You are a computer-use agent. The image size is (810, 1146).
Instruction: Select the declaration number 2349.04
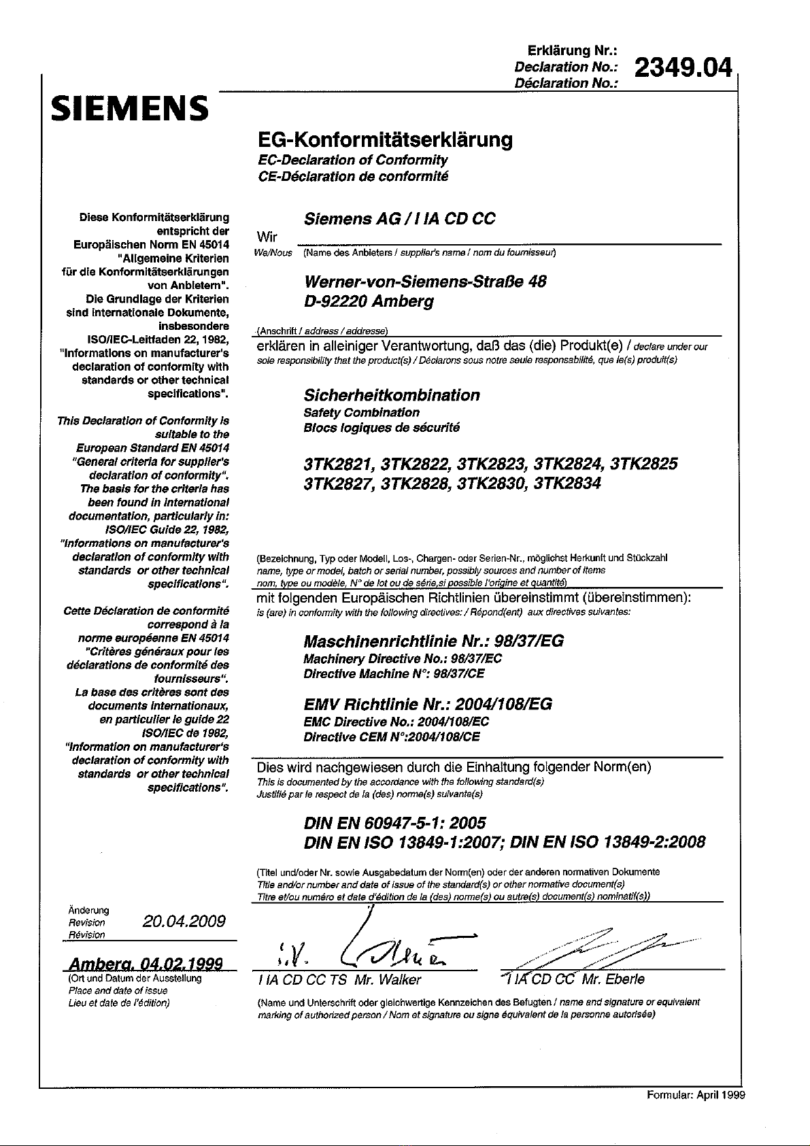tap(683, 69)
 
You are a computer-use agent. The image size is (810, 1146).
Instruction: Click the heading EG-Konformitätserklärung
tap(386, 140)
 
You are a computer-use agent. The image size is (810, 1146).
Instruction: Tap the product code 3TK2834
tap(567, 484)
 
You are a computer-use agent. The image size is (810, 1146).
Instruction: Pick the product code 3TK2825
tap(644, 465)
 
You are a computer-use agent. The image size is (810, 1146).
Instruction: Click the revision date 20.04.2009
tap(184, 922)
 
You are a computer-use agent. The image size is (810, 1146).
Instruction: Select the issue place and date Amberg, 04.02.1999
tap(146, 964)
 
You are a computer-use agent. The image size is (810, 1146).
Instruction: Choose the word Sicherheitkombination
tap(391, 395)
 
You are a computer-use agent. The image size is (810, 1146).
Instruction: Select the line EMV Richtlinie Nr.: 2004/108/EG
tap(428, 704)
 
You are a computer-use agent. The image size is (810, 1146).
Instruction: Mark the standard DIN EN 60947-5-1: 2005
tap(394, 823)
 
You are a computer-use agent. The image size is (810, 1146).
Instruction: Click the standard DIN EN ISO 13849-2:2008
tap(607, 843)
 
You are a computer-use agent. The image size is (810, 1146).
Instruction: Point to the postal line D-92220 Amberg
tap(368, 301)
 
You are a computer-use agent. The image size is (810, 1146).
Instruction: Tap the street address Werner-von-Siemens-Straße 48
tap(424, 282)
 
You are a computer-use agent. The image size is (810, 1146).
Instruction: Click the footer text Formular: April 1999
tap(695, 1095)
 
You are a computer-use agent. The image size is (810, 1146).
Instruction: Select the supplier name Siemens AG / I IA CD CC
tap(399, 219)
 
